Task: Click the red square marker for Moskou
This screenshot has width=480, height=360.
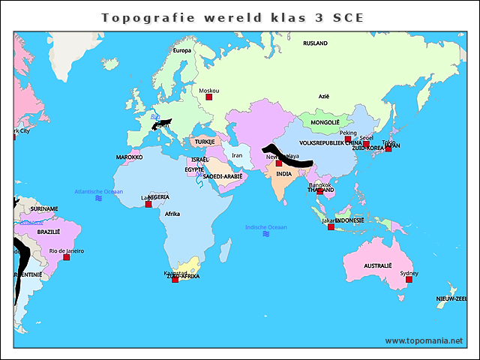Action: [x=209, y=97]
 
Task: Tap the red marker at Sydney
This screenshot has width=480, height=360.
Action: [x=409, y=280]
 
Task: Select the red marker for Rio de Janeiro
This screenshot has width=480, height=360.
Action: [x=66, y=257]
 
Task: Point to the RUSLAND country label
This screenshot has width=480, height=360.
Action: [x=315, y=43]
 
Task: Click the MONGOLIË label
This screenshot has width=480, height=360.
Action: [x=325, y=122]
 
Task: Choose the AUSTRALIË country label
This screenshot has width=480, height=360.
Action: [x=377, y=265]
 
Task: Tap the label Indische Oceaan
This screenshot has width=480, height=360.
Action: [x=265, y=227]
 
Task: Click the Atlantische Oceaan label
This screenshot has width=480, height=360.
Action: [x=98, y=191]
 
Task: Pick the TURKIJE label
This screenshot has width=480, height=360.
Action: [x=205, y=141]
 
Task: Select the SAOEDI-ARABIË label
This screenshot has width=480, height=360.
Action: [x=223, y=176]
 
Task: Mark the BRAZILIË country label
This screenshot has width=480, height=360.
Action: [x=48, y=232]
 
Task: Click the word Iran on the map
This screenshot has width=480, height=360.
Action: [x=237, y=155]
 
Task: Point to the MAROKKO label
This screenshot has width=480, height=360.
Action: [x=129, y=157]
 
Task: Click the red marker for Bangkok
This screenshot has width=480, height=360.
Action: [x=320, y=191]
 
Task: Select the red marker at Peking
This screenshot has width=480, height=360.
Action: [x=348, y=139]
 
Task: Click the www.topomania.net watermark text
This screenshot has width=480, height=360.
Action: [x=424, y=340]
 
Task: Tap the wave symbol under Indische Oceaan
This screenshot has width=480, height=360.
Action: [x=265, y=234]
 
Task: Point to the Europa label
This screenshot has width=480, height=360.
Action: [x=182, y=50]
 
